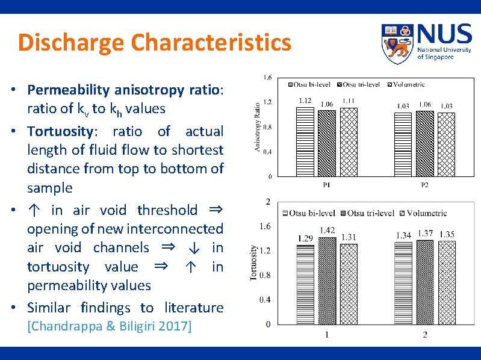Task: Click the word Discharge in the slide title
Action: tap(72, 43)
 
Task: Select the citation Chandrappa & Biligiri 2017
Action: tap(110, 326)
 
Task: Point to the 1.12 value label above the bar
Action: tap(305, 101)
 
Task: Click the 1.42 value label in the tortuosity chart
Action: tap(327, 230)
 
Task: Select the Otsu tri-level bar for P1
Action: tap(327, 143)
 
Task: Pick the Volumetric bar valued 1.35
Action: tap(447, 283)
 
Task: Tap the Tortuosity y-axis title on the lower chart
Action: tap(253, 262)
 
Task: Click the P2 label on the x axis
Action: tap(424, 185)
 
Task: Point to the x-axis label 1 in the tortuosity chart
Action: tap(327, 335)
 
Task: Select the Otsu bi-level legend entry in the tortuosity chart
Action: tap(309, 213)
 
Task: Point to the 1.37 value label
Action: tap(424, 234)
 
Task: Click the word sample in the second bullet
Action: tap(49, 188)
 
